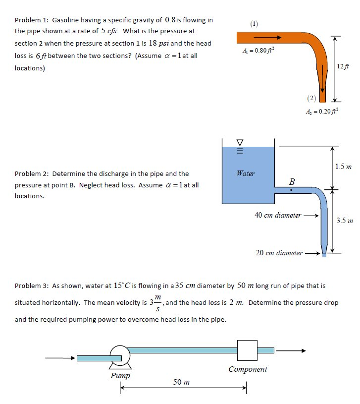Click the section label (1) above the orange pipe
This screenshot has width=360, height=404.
coord(254,23)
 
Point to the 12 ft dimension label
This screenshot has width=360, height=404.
coord(342,67)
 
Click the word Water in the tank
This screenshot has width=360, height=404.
coord(246,173)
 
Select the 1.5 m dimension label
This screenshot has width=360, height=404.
coord(343,167)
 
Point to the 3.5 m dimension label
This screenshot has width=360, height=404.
coord(344,220)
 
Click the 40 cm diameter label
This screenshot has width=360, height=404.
coord(278,215)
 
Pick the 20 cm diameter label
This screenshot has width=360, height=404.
coord(279,253)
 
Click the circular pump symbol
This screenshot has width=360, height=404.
coord(119,355)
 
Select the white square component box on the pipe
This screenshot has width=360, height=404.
coord(247,350)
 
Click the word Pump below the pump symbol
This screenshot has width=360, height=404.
coord(120,375)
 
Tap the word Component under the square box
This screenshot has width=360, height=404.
coord(248,369)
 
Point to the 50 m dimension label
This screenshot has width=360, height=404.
coord(181,382)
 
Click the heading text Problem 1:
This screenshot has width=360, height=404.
coord(31,20)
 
